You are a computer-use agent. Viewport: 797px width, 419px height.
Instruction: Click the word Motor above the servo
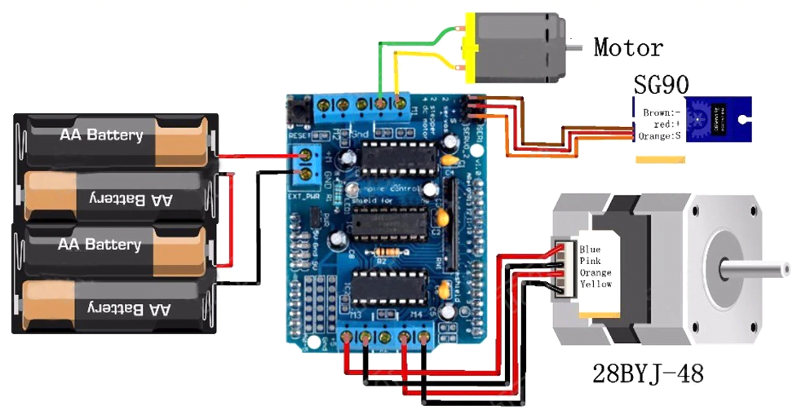tap(627, 47)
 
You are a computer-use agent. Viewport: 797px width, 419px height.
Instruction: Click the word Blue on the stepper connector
tap(590, 248)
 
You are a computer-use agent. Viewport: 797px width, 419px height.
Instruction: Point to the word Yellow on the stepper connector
tap(596, 284)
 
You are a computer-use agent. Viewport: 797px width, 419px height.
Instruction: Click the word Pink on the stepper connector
tap(590, 260)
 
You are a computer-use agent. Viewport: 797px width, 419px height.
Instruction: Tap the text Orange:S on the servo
tap(659, 135)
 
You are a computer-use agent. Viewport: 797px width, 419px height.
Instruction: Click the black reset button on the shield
tap(299, 108)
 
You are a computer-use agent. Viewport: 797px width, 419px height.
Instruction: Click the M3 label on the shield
tap(356, 315)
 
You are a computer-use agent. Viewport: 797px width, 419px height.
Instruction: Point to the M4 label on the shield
tap(418, 316)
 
